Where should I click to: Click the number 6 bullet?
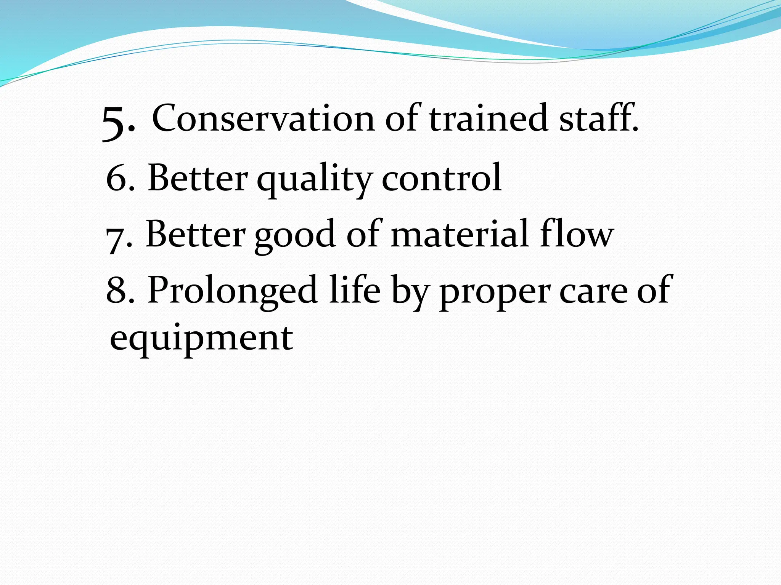(x=117, y=178)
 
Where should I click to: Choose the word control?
(x=442, y=177)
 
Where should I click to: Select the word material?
(x=460, y=234)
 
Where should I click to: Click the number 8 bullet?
(x=117, y=290)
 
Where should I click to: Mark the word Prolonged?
(x=233, y=291)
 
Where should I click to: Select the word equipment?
(x=201, y=339)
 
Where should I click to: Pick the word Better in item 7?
(x=196, y=235)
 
